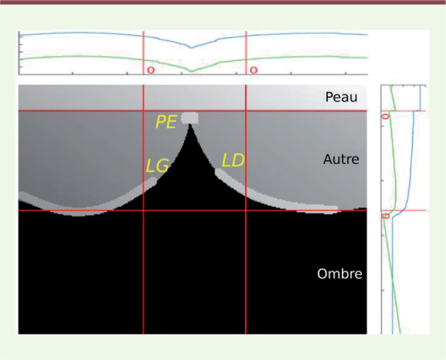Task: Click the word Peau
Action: point(341,97)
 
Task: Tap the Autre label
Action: point(341,159)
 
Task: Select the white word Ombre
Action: point(340,274)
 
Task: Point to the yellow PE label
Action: point(166,122)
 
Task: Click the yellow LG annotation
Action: point(158,165)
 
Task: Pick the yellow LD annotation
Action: point(233,160)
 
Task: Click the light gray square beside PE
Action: point(190,118)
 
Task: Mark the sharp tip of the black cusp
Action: point(190,124)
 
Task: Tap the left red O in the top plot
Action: point(151,70)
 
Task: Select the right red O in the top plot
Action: point(254,70)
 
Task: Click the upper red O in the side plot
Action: point(385,116)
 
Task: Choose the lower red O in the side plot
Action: point(386,216)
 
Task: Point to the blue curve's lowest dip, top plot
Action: point(191,48)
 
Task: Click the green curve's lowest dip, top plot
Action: point(191,71)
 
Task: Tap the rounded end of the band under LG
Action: point(154,180)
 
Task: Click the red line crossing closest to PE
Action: point(143,111)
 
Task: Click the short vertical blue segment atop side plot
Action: point(420,98)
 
